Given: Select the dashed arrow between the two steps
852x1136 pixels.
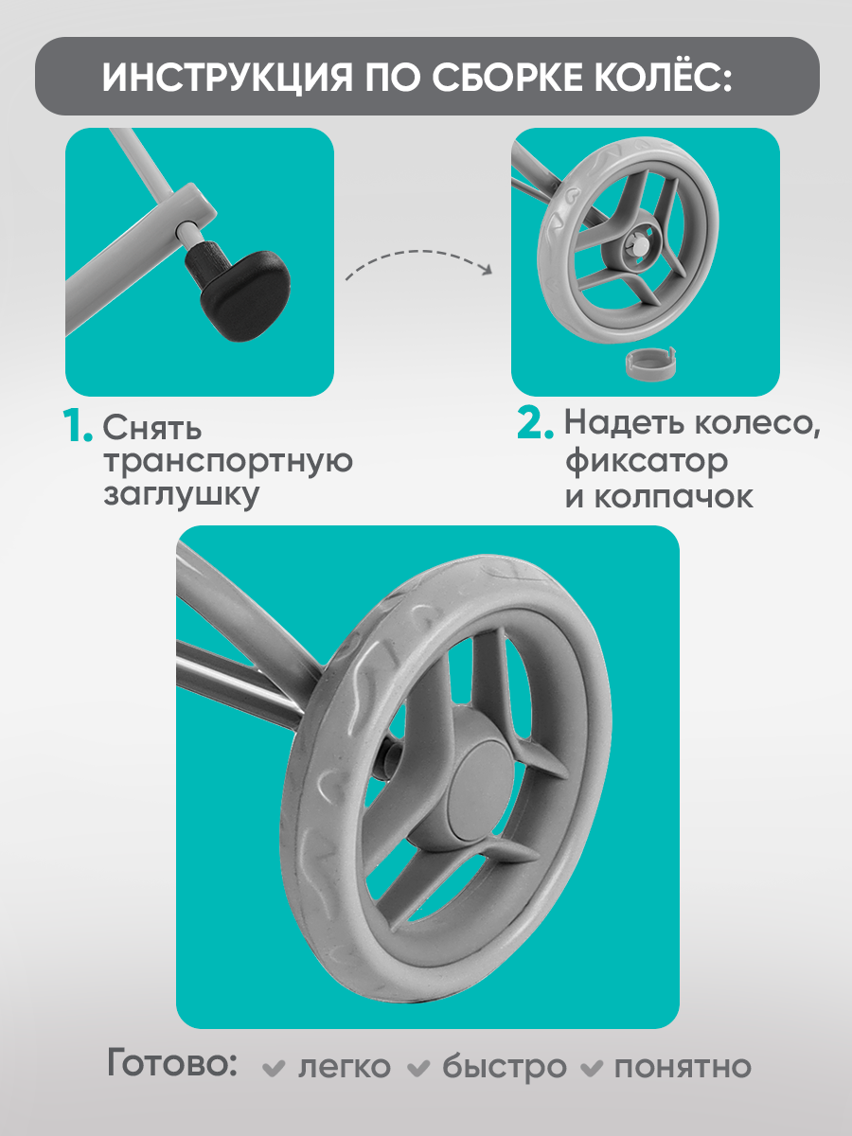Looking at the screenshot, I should click(419, 265).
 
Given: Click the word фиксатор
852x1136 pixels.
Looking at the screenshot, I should click(647, 463).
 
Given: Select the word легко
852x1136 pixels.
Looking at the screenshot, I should click(344, 1067).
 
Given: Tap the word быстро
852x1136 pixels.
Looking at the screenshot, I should click(505, 1067).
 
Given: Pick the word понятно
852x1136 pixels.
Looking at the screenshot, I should click(683, 1067).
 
